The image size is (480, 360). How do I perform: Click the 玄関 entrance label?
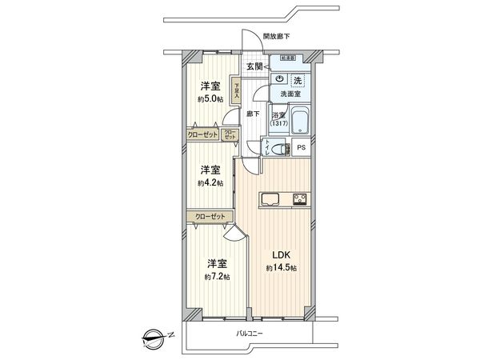tap(254, 66)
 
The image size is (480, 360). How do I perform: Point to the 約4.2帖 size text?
tap(210, 182)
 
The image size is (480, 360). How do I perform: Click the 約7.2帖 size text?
tap(216, 276)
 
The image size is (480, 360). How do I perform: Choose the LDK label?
tap(281, 255)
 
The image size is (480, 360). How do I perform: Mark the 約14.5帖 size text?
tap(281, 269)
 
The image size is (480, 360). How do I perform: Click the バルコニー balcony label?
tap(250, 333)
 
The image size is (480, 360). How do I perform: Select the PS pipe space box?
tap(301, 148)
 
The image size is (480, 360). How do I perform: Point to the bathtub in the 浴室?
tap(302, 123)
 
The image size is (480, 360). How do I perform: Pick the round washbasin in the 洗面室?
tap(279, 80)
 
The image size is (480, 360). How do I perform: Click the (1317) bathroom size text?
tap(278, 122)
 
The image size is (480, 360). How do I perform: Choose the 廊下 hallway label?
tap(253, 114)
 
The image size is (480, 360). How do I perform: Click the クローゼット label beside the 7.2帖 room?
tap(210, 216)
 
